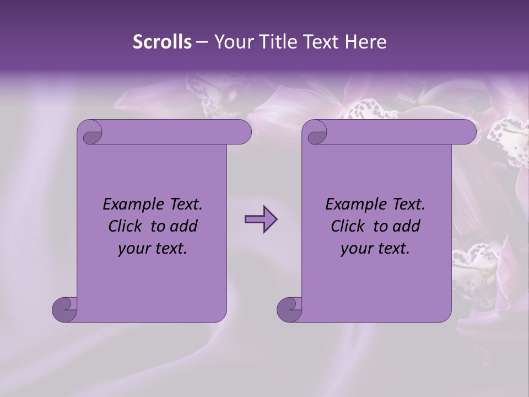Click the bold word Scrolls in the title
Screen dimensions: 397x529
point(163,42)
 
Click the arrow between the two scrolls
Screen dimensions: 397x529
point(261,219)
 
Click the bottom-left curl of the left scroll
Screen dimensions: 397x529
point(64,309)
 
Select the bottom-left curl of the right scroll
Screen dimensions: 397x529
point(289,309)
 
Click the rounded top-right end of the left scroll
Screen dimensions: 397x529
point(243,132)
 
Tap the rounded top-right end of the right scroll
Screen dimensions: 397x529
point(468,132)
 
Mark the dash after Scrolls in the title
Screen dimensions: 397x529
point(202,42)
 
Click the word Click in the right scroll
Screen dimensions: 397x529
point(349,226)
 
